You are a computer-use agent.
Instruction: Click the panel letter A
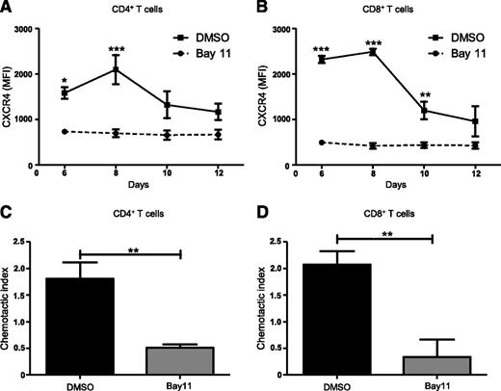tap(7, 8)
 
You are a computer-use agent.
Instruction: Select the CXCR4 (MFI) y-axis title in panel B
tap(271, 95)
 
